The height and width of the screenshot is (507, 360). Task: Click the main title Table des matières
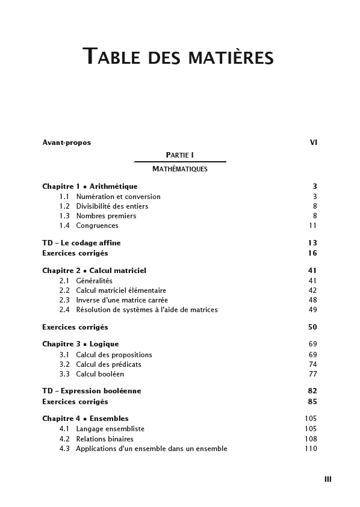178,57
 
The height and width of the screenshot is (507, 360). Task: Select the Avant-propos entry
66,143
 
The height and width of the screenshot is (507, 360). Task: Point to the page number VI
313,143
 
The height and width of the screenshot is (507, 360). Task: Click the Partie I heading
179,155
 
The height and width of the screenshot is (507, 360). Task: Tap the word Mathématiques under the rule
179,169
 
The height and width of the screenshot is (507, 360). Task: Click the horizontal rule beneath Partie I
179,162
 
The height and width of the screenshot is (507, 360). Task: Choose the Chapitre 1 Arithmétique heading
90,186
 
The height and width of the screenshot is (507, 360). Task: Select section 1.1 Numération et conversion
118,197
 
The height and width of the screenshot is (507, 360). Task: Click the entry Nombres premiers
106,216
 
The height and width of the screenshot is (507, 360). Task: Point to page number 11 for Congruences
312,226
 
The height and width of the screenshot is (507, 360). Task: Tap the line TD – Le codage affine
81,243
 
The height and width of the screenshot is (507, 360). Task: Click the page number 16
312,253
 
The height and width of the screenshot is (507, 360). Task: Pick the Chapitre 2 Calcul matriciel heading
94,271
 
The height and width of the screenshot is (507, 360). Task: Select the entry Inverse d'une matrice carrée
122,300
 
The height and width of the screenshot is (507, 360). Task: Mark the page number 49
312,310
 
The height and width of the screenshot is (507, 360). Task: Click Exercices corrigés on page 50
75,327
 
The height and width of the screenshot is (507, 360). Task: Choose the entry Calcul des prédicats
108,364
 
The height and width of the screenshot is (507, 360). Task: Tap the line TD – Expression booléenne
92,391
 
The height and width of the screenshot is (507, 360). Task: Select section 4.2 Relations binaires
105,439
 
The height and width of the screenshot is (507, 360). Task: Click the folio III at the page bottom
327,479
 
